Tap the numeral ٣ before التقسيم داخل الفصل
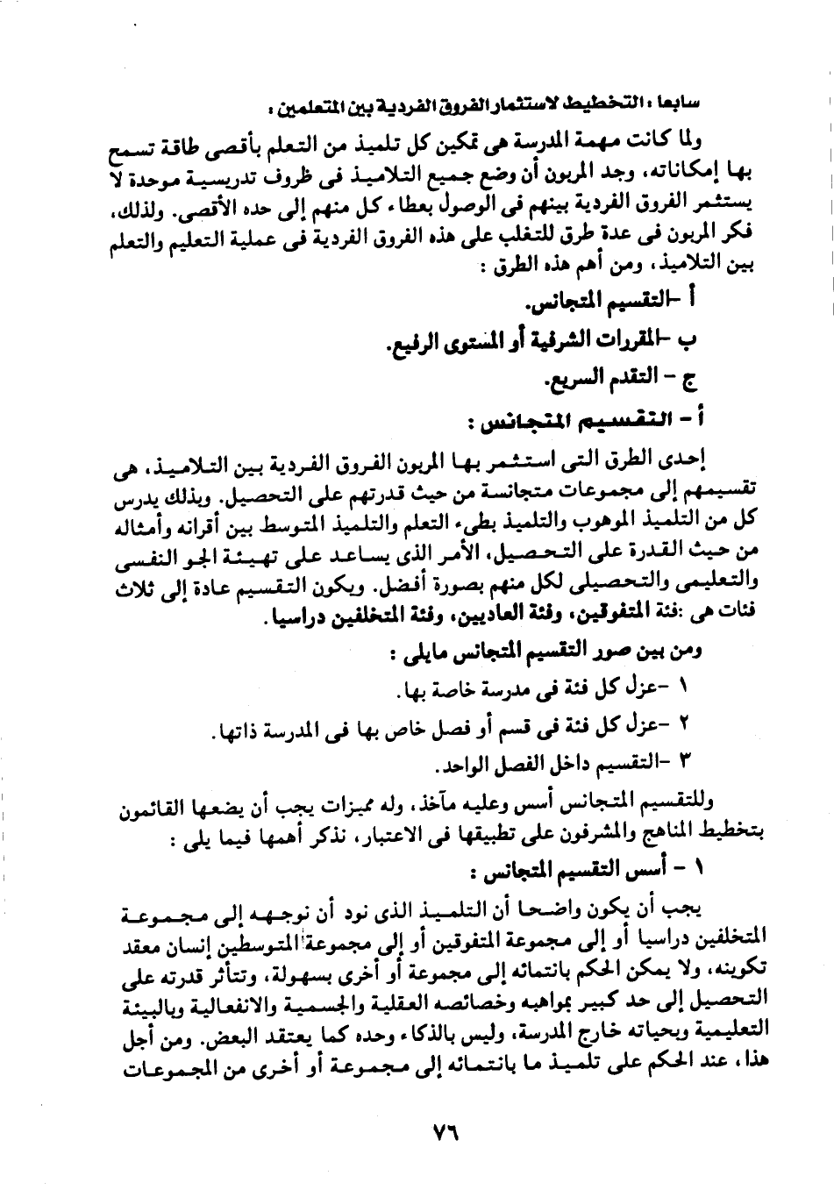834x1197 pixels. [x=687, y=759]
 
